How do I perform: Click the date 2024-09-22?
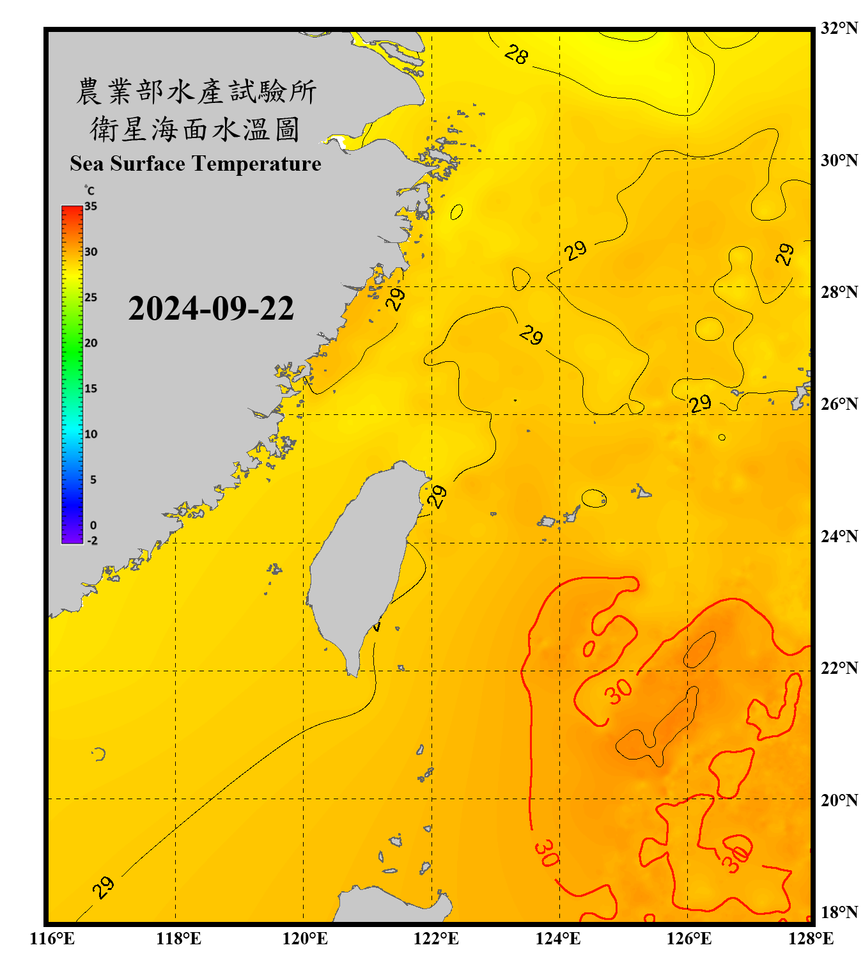point(211,309)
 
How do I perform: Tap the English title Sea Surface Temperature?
point(196,164)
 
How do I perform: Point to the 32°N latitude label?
point(839,28)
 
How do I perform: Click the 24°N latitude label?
point(839,536)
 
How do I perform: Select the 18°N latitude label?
point(839,912)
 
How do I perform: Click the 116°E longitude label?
point(52,939)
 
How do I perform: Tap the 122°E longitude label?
point(436,939)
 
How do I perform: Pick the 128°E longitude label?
point(811,939)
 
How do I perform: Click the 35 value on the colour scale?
point(91,206)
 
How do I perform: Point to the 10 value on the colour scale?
point(91,434)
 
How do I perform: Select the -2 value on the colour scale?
point(92,540)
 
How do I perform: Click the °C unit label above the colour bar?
point(89,191)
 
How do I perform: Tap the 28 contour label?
point(516,55)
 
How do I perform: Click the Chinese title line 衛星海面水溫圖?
point(195,129)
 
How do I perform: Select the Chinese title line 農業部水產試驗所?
point(196,91)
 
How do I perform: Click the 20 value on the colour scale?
point(91,343)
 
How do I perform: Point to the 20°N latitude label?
point(839,799)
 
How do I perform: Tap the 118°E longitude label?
point(178,939)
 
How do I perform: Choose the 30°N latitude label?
point(839,160)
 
